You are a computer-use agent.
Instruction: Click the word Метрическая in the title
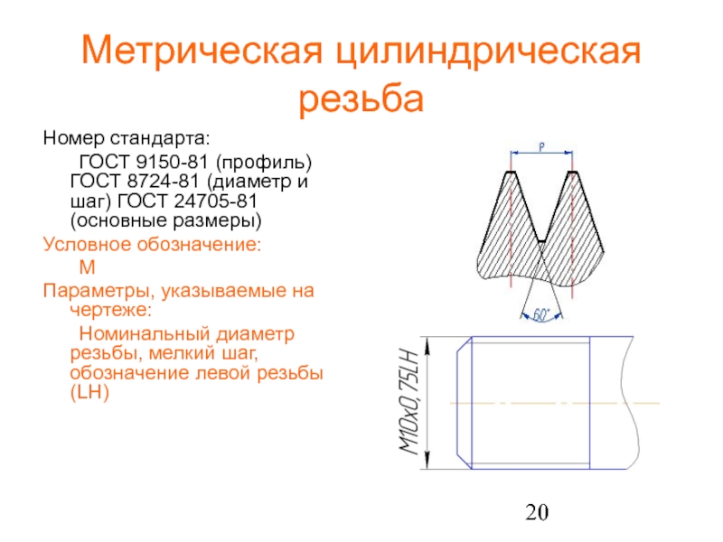coord(202,50)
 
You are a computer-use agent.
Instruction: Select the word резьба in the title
coord(361,98)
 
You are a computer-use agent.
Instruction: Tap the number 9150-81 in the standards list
coord(173,162)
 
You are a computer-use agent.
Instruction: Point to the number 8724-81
coord(164,182)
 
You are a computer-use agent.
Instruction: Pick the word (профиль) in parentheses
coord(264,163)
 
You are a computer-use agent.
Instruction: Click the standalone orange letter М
coord(87,267)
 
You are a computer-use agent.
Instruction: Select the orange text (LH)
coord(89,393)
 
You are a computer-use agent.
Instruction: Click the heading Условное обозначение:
coord(152,244)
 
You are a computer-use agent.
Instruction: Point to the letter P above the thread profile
coord(541,147)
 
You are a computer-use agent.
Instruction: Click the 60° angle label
coord(541,315)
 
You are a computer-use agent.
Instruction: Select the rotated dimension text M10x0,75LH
coord(410,402)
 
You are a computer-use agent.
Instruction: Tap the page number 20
coord(537,512)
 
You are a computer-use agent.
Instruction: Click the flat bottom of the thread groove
coord(541,241)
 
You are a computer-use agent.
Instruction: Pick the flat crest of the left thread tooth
coord(511,173)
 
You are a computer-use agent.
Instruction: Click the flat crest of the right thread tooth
coord(572,173)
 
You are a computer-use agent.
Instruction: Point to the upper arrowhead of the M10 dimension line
coord(427,346)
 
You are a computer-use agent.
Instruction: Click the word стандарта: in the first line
coord(160,138)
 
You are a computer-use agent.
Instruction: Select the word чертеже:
coord(110,310)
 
